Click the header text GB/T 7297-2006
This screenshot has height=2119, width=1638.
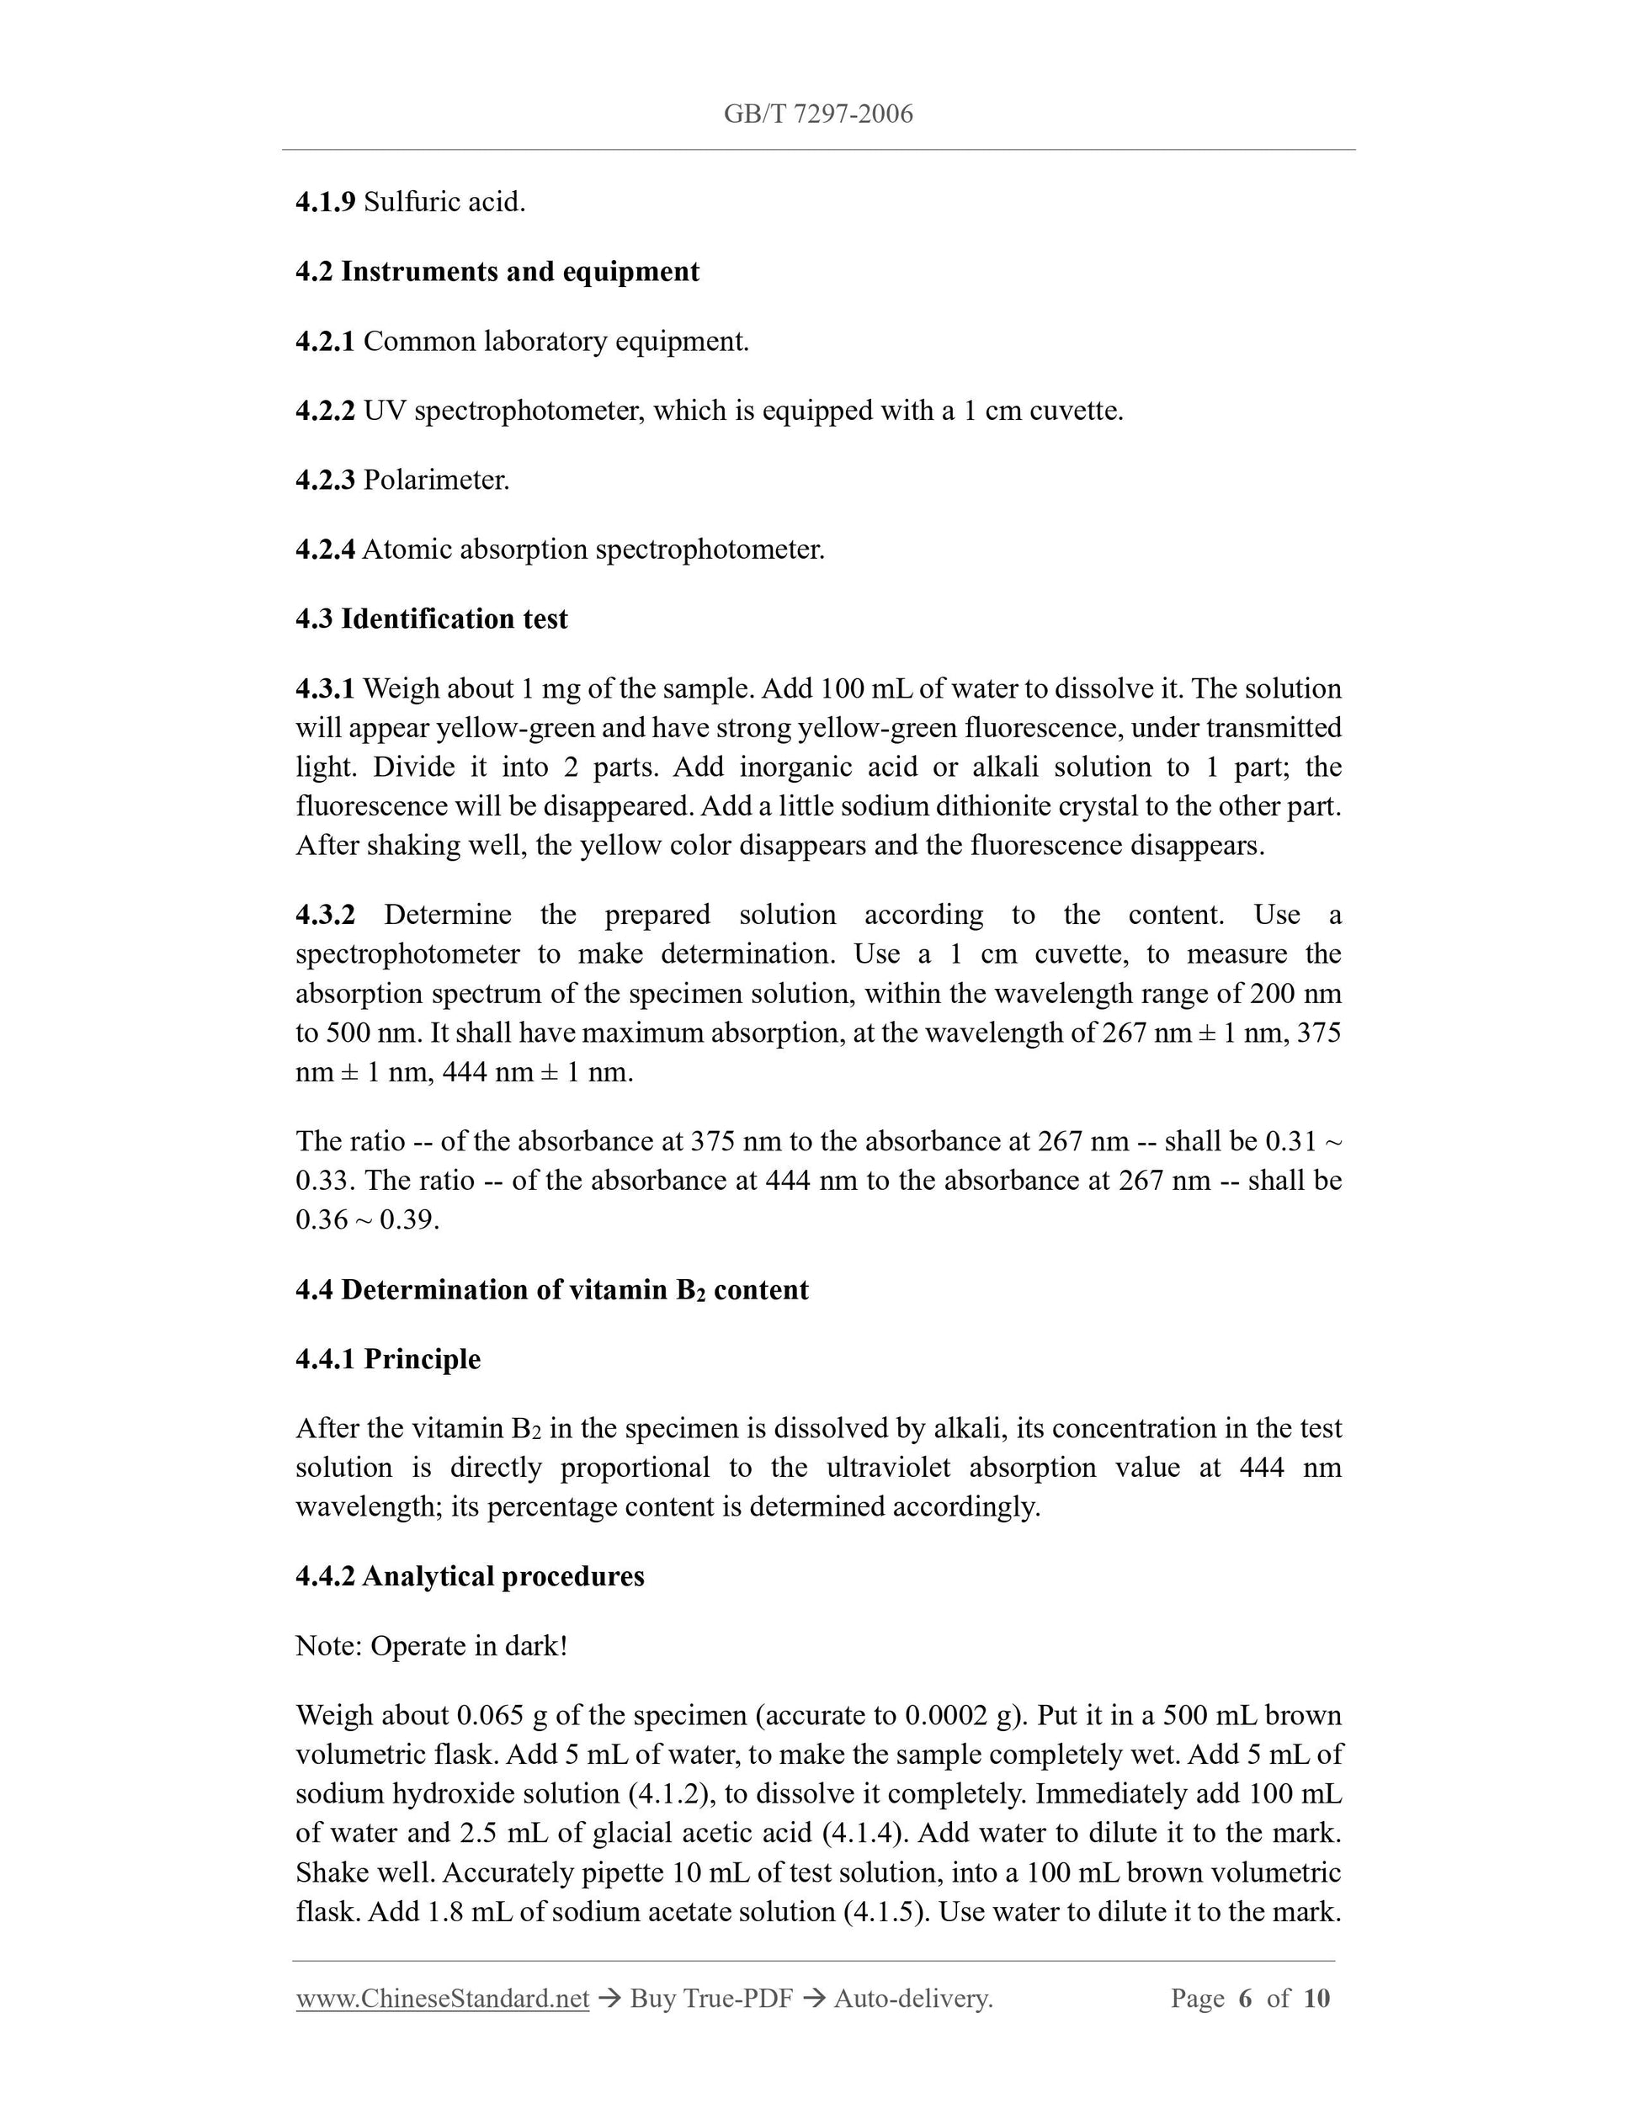pos(818,114)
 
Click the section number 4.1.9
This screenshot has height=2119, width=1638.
pos(325,203)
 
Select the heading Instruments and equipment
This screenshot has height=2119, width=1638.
pos(519,272)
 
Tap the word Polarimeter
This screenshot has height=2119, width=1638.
pos(436,481)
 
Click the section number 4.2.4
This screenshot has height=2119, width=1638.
pos(325,550)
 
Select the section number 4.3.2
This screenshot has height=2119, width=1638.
pos(325,915)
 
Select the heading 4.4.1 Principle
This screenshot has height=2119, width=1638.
pos(387,1358)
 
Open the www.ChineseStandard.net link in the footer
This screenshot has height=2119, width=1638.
pos(443,1999)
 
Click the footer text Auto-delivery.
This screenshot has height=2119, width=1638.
pos(913,1999)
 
